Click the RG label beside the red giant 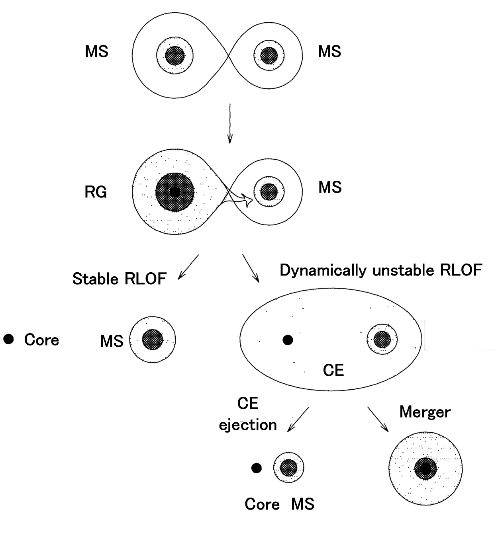[x=96, y=192]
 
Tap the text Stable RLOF [x=119, y=279]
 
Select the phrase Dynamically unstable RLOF [x=381, y=270]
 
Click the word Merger [x=425, y=412]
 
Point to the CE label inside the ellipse [x=333, y=371]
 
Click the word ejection [x=248, y=425]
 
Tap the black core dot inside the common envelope [x=288, y=340]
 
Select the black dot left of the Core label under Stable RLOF [x=8, y=339]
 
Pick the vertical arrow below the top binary [x=229, y=123]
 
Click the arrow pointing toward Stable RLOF [x=188, y=267]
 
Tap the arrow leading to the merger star [x=377, y=419]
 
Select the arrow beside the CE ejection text [x=298, y=419]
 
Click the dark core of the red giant [x=174, y=192]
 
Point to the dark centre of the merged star [x=425, y=469]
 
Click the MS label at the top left [x=96, y=52]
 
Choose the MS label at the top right [x=329, y=52]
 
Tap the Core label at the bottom [x=262, y=504]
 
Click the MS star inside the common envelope [x=382, y=339]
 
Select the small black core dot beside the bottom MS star [x=257, y=468]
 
